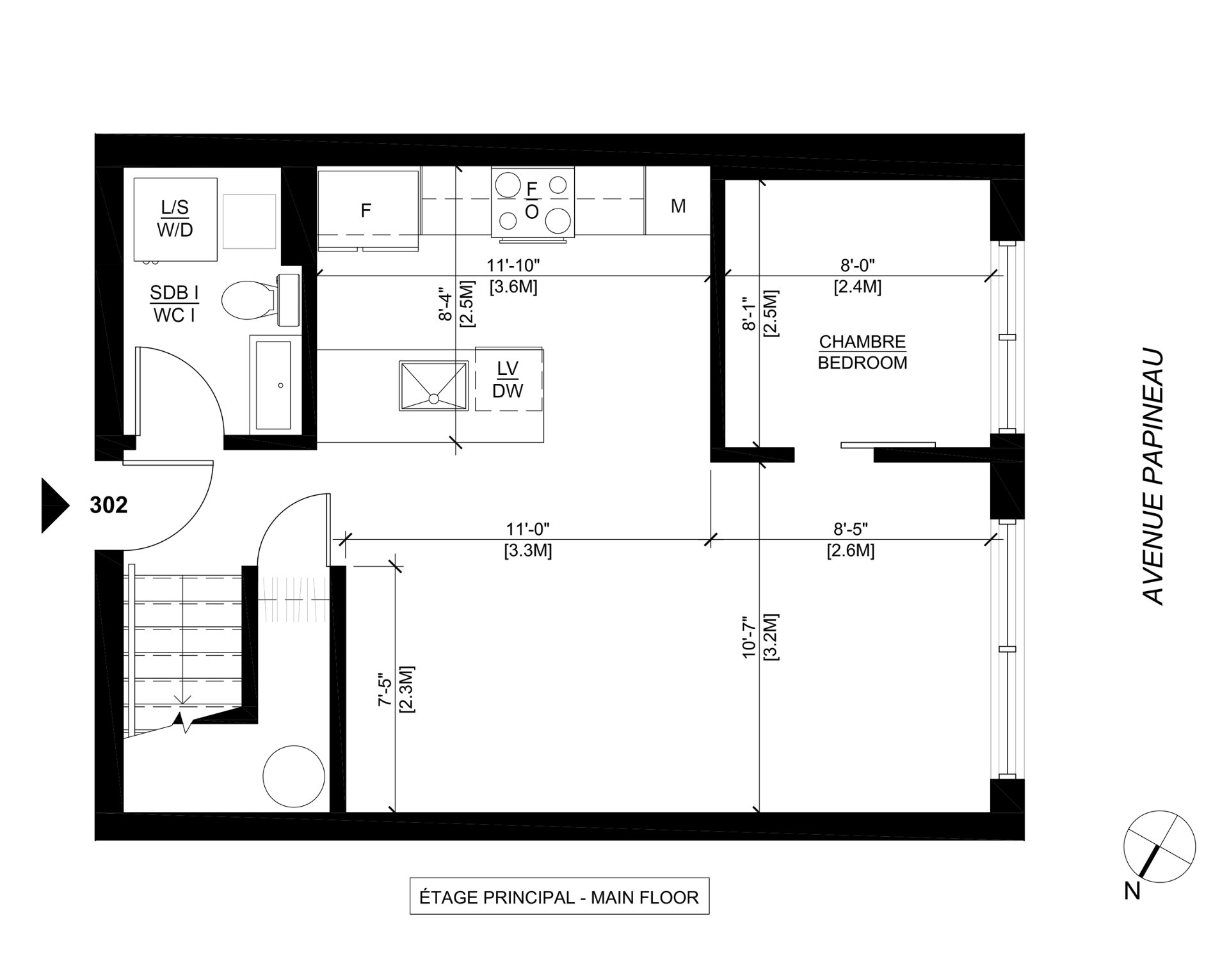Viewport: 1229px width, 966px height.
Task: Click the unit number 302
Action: (x=109, y=505)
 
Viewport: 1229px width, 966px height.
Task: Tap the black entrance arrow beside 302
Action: (x=54, y=505)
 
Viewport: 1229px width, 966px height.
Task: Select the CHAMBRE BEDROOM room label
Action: (x=862, y=352)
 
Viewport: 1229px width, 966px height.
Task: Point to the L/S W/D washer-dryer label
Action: (x=175, y=219)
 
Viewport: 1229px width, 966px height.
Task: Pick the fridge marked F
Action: (x=367, y=210)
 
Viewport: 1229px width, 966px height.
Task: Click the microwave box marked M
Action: (x=678, y=206)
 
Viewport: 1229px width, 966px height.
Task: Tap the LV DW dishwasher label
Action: (x=508, y=380)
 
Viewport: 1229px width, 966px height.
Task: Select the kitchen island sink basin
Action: (x=433, y=386)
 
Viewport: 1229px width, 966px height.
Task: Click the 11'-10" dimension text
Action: (x=513, y=265)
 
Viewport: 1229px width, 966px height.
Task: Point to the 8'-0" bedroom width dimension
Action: (x=857, y=265)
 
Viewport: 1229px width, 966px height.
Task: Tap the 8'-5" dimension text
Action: (x=850, y=529)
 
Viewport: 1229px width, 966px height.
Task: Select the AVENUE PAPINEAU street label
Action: (x=1153, y=477)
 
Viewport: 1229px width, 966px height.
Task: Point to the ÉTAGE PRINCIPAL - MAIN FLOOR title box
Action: (x=559, y=897)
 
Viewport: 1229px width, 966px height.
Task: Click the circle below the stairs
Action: (x=294, y=776)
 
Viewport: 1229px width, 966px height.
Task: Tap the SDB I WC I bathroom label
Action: (x=174, y=304)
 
